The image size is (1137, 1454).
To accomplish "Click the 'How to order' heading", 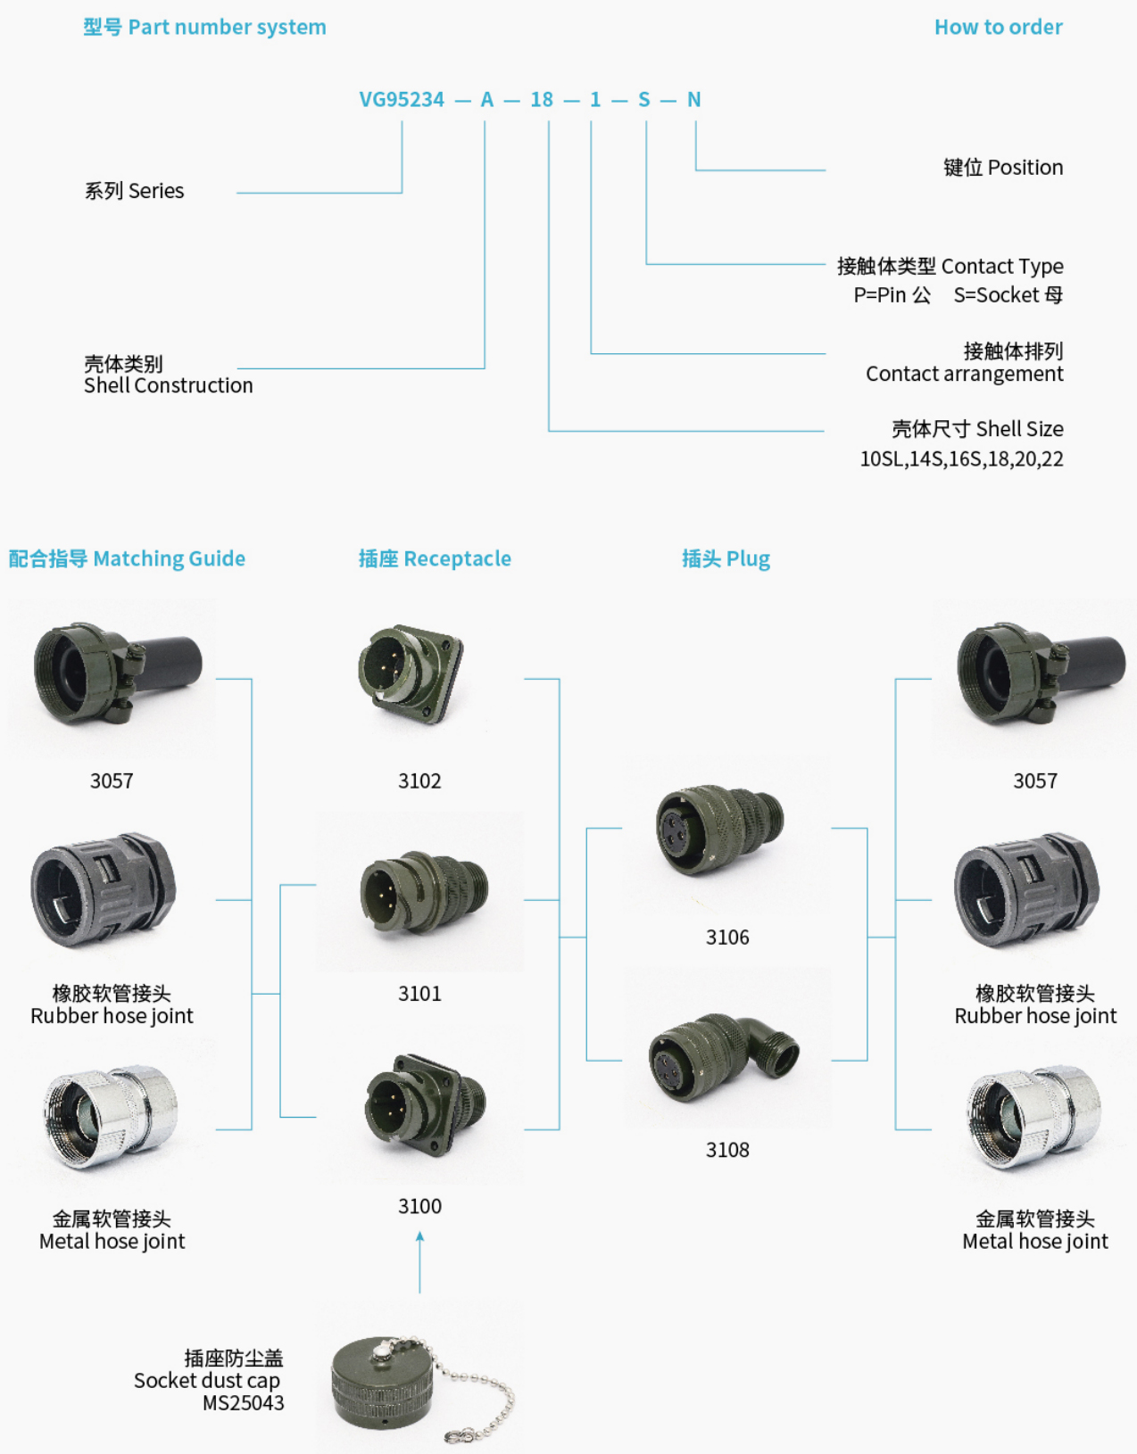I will click(998, 28).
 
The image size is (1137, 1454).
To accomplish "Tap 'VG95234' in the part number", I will click(402, 100).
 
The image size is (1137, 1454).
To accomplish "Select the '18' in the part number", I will click(542, 100).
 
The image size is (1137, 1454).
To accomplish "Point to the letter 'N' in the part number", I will click(693, 100).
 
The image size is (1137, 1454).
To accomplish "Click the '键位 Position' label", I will click(1002, 168).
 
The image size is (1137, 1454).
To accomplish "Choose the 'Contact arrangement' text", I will click(964, 374).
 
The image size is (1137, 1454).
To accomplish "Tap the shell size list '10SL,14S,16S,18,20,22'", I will click(961, 459).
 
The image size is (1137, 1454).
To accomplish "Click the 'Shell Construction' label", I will click(168, 385).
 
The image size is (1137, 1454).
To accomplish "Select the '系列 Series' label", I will click(134, 191).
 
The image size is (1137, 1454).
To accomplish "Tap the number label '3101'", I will click(419, 994).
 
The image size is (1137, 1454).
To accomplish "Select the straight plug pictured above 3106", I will click(718, 829).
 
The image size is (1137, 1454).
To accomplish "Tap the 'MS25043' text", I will click(243, 1403).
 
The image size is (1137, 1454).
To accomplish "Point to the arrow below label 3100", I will click(419, 1261).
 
